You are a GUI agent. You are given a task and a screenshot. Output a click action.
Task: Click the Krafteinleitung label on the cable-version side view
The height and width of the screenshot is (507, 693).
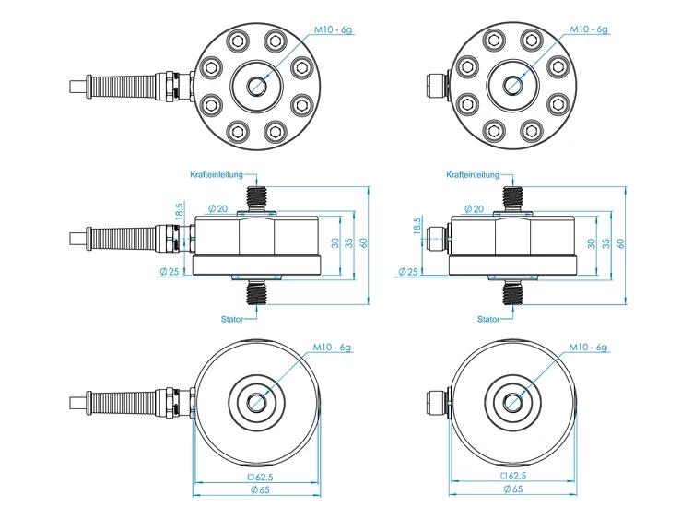coord(217,174)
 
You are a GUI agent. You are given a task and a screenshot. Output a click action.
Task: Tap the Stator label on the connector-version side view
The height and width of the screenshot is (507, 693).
coord(488,319)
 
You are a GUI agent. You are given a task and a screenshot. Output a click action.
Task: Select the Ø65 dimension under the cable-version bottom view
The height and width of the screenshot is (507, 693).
coord(260,489)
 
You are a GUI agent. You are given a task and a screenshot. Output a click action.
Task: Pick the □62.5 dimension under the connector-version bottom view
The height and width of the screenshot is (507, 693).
coord(513,476)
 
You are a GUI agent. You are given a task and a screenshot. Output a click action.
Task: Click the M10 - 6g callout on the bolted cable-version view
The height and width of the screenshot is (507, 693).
coord(334,30)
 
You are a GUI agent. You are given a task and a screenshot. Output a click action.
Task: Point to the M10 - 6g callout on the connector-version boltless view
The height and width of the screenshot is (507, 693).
coord(588,348)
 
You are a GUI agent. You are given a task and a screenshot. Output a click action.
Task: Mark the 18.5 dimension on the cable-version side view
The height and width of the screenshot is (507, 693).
coord(180,211)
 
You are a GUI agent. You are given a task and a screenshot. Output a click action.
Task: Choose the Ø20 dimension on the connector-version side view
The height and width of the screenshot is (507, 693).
coord(475,208)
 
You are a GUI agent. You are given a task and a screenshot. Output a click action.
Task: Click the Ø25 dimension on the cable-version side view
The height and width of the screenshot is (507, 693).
coord(170,271)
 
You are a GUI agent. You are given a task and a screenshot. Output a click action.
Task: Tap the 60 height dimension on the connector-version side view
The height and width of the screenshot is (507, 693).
coord(620,243)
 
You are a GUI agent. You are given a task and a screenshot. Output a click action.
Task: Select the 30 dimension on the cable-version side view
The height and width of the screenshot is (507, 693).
coord(335,242)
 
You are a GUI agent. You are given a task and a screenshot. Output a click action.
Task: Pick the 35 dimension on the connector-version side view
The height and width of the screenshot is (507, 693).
coord(606,243)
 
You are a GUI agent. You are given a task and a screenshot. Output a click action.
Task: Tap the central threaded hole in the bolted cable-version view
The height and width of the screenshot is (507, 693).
coord(257,86)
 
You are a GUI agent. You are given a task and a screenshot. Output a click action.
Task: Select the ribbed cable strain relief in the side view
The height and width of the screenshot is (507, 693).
coord(122,240)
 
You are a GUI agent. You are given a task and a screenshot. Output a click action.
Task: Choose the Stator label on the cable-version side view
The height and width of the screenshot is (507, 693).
coord(232,319)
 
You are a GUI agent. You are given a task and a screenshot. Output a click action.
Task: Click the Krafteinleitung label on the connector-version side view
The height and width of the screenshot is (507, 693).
coord(473,174)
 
